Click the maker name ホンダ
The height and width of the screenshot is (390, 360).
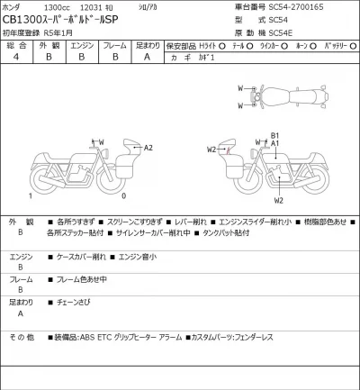pyautogui.click(x=15, y=7)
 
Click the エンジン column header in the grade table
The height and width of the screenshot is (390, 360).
pyautogui.click(x=82, y=43)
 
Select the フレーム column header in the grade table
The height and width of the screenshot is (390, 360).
pyautogui.click(x=114, y=43)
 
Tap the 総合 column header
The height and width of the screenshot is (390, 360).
pyautogui.click(x=16, y=43)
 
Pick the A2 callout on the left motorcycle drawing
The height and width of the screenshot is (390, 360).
pyautogui.click(x=148, y=147)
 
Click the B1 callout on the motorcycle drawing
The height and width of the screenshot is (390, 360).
pyautogui.click(x=276, y=135)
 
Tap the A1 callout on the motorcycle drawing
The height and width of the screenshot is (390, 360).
pyautogui.click(x=276, y=144)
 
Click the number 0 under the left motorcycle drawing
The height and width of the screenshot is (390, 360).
pyautogui.click(x=122, y=195)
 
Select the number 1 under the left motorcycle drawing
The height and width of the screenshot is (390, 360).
pyautogui.click(x=31, y=195)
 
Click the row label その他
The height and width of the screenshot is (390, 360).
pyautogui.click(x=22, y=337)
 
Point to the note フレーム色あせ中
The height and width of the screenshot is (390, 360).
pyautogui.click(x=82, y=278)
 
